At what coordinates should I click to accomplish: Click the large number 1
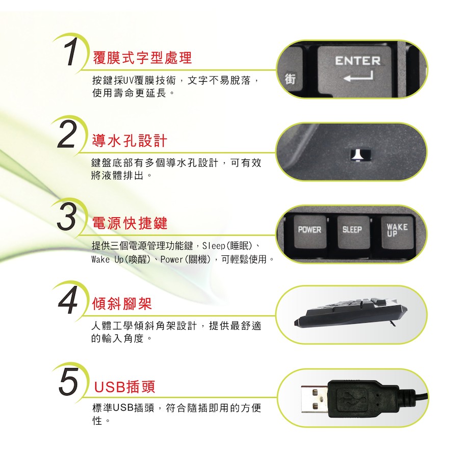[x=70, y=51]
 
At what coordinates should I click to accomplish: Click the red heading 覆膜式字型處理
[x=142, y=58]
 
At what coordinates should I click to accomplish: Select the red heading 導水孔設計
[x=130, y=141]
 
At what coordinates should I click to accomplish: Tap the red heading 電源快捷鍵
[x=130, y=223]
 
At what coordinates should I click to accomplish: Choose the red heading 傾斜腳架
[x=122, y=304]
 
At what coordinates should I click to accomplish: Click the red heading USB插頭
[x=124, y=387]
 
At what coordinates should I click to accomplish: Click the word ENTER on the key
[x=358, y=61]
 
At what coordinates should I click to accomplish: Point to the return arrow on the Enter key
[x=358, y=76]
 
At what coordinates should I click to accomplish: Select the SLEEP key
[x=353, y=232]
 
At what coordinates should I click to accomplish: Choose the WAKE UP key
[x=397, y=232]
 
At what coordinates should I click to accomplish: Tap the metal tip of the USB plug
[x=315, y=399]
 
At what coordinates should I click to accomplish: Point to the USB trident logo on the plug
[x=352, y=398]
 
